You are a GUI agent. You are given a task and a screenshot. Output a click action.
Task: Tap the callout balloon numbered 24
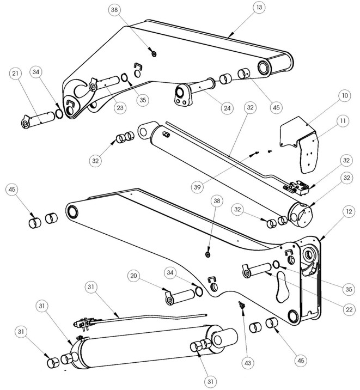[226, 107]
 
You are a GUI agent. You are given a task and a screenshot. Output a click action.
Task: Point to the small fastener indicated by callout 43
[239, 304]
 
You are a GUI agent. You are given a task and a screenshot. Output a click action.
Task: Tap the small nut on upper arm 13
[154, 53]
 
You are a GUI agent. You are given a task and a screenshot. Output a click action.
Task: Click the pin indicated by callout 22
[258, 268]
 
